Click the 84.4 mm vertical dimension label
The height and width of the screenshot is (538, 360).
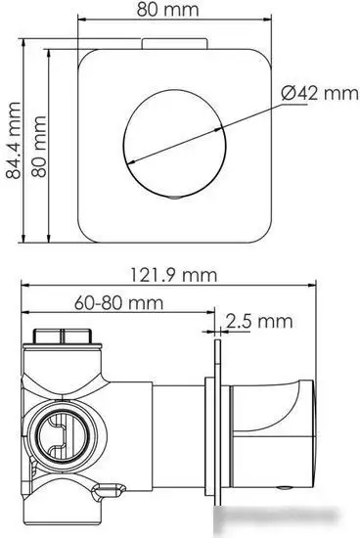(14, 140)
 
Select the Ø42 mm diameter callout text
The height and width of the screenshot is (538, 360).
(320, 93)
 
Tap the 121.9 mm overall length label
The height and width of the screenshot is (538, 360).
(174, 275)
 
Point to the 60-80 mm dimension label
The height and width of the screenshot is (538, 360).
(118, 303)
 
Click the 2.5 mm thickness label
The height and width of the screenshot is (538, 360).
(259, 322)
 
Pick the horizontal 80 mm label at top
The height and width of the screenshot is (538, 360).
(168, 10)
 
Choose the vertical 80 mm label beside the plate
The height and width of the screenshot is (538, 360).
(39, 147)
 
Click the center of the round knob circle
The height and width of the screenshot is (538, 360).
(175, 144)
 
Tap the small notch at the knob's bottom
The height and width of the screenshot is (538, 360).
(175, 197)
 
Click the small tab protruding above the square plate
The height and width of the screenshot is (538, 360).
(175, 44)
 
